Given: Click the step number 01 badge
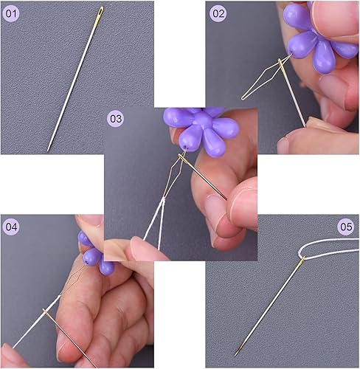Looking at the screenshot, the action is tap(11, 13).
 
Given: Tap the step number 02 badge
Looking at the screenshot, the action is tap(218, 13).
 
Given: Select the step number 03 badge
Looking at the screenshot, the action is tap(116, 119).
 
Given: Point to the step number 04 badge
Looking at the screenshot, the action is tap(11, 227).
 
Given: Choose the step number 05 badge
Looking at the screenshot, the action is tap(346, 227).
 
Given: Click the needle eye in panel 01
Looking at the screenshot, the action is tap(100, 12).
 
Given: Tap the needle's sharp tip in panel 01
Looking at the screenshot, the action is tap(48, 150).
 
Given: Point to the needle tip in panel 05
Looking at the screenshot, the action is tap(235, 354).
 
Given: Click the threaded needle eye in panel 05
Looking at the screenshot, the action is tap(302, 260).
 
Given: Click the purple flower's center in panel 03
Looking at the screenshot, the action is tap(202, 120).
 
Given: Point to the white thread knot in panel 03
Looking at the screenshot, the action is tap(162, 201).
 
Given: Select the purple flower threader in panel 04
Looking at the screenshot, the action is tap(94, 253).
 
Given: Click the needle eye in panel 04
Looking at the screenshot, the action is tap(46, 312).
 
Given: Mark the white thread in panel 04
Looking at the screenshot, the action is tap(36, 321).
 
